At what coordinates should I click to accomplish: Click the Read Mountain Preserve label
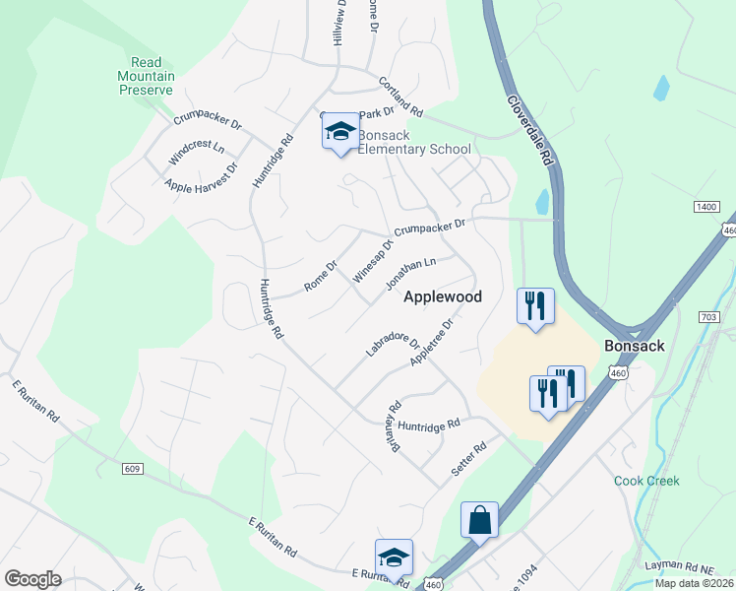click(x=146, y=77)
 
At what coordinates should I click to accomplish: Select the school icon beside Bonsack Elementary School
click(x=340, y=131)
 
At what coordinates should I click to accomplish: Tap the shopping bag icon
click(x=479, y=520)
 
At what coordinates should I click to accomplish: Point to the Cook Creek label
click(x=646, y=481)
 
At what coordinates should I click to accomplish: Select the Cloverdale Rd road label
click(x=532, y=130)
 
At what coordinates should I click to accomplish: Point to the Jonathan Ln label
click(x=410, y=273)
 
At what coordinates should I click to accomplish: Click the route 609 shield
click(x=132, y=469)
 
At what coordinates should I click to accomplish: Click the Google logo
click(x=32, y=578)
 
